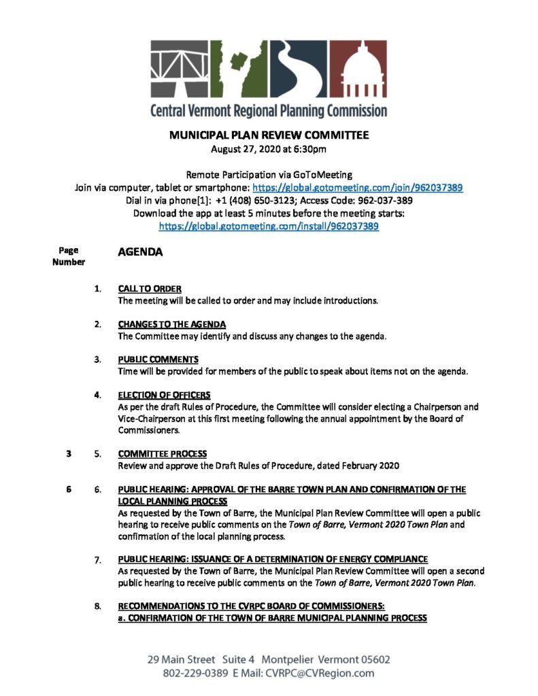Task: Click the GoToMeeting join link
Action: tap(358, 188)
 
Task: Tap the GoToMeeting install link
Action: tap(269, 226)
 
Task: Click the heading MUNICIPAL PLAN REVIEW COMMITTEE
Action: tap(269, 135)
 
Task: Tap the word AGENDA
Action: tap(140, 252)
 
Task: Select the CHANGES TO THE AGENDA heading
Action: tap(172, 324)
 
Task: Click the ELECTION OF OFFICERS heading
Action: tap(164, 394)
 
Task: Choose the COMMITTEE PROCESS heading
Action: tap(163, 453)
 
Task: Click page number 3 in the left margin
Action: tap(69, 454)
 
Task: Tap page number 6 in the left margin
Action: tap(69, 489)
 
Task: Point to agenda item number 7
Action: tap(99, 560)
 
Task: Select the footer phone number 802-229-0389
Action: tap(192, 674)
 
